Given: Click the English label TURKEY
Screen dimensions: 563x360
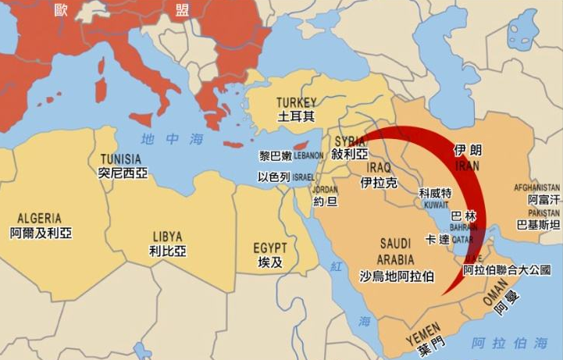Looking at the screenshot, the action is [297, 102].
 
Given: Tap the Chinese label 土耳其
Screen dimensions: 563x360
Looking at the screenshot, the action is [297, 116].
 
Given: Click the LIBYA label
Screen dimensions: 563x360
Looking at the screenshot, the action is [168, 236].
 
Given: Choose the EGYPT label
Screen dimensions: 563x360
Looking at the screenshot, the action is [270, 248].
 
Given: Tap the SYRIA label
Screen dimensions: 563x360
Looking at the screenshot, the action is [349, 141].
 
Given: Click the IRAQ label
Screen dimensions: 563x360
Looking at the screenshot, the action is [379, 168].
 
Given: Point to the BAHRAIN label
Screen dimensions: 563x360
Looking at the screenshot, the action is [464, 227].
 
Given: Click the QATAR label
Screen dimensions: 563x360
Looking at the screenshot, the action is [462, 241].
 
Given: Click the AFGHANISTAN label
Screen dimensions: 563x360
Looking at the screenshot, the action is [537, 188].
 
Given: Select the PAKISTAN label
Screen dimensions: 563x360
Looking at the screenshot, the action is [543, 212].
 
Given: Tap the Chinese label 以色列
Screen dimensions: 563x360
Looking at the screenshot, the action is [274, 177].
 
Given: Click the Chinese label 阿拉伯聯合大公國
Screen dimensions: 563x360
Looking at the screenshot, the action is [507, 270].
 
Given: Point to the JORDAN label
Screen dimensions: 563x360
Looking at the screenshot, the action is [325, 189].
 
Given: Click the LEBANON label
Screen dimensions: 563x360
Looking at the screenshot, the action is [308, 155].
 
